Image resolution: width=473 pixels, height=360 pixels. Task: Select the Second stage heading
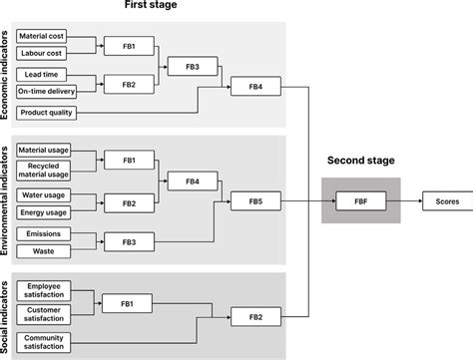coord(360,160)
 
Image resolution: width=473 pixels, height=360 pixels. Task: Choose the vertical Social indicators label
coord(8,315)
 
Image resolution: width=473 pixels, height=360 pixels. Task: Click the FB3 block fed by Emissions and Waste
coord(130,242)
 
